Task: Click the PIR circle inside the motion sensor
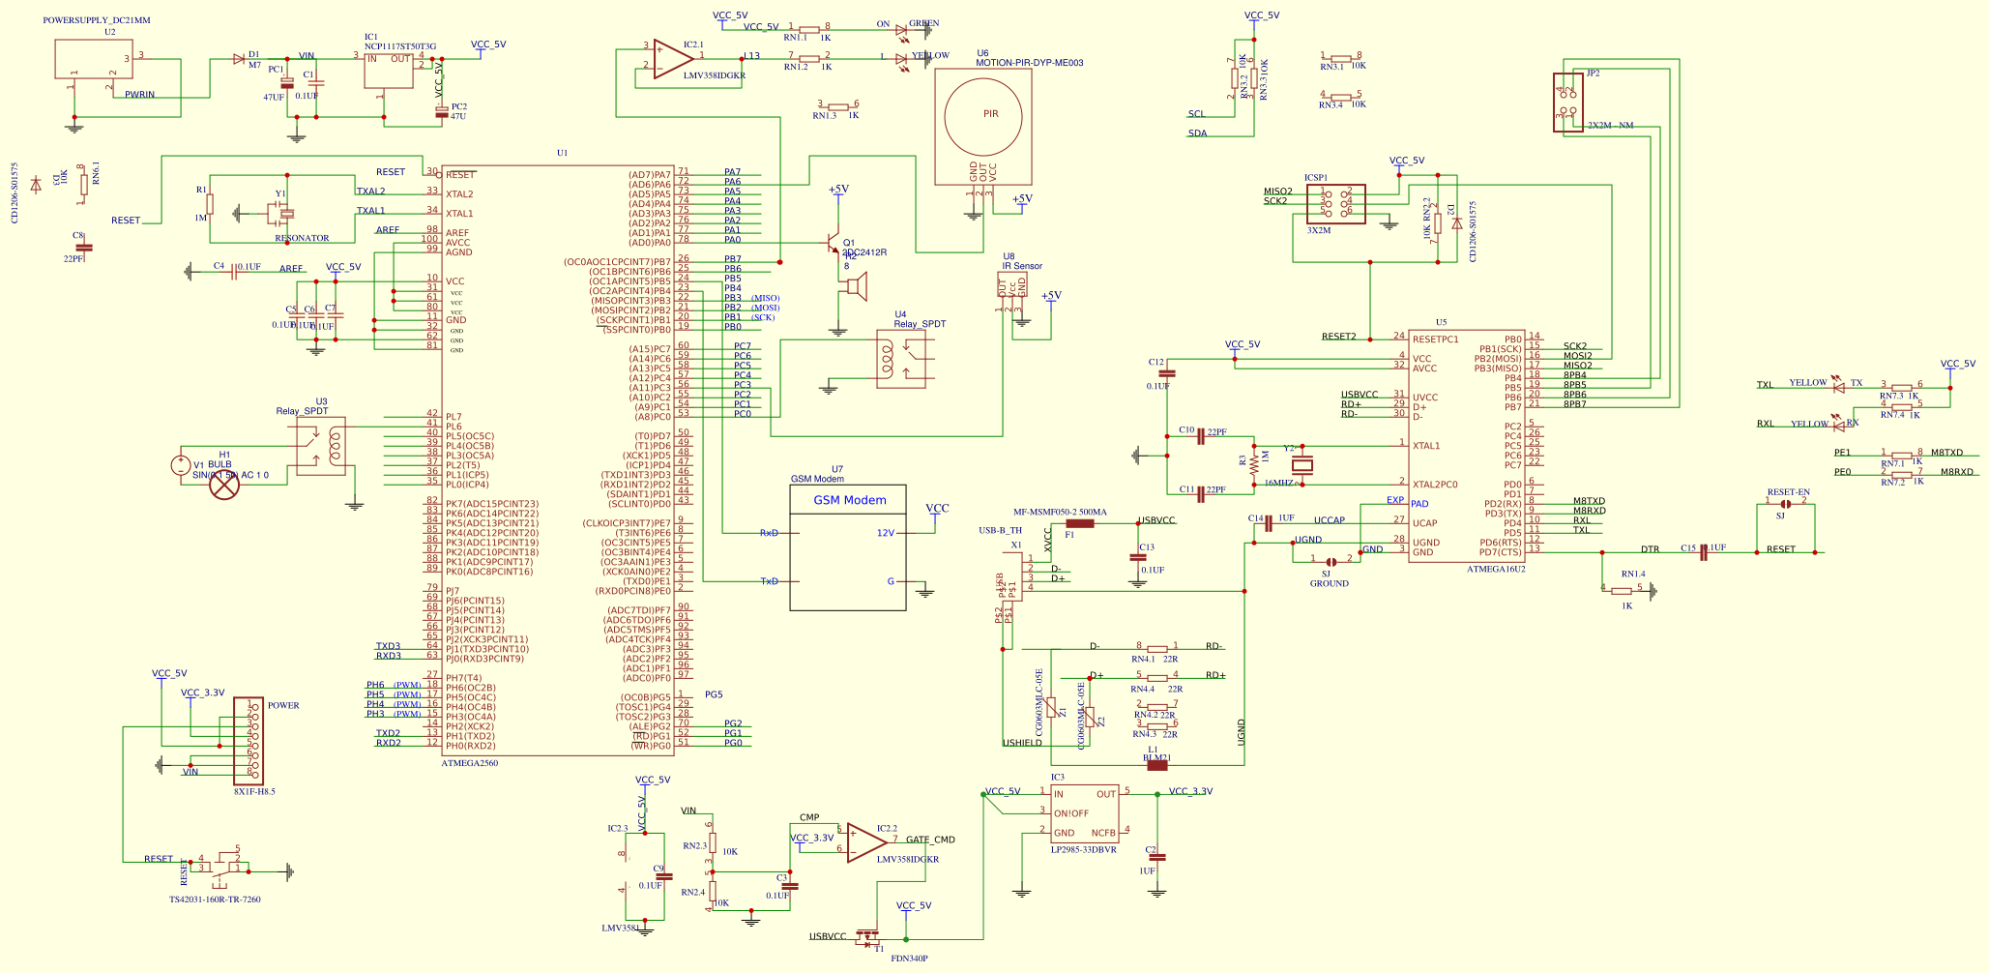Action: [983, 114]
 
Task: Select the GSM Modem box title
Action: [849, 500]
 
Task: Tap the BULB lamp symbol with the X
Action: [224, 486]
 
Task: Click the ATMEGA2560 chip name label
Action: [470, 763]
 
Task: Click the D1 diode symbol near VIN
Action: [239, 59]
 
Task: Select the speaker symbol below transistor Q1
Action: [856, 286]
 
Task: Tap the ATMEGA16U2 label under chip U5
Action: [1496, 569]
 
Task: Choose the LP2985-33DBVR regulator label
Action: [1084, 849]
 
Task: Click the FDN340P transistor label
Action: [909, 958]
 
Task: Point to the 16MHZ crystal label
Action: [1278, 483]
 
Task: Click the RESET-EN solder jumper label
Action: [1788, 492]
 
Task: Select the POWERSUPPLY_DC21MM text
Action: [97, 20]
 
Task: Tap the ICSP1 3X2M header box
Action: [1335, 205]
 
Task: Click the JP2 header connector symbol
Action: [1567, 103]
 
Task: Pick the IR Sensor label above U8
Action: [1022, 266]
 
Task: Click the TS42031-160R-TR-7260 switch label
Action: [215, 899]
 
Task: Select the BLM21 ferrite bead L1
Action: [1156, 765]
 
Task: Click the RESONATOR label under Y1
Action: [302, 238]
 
